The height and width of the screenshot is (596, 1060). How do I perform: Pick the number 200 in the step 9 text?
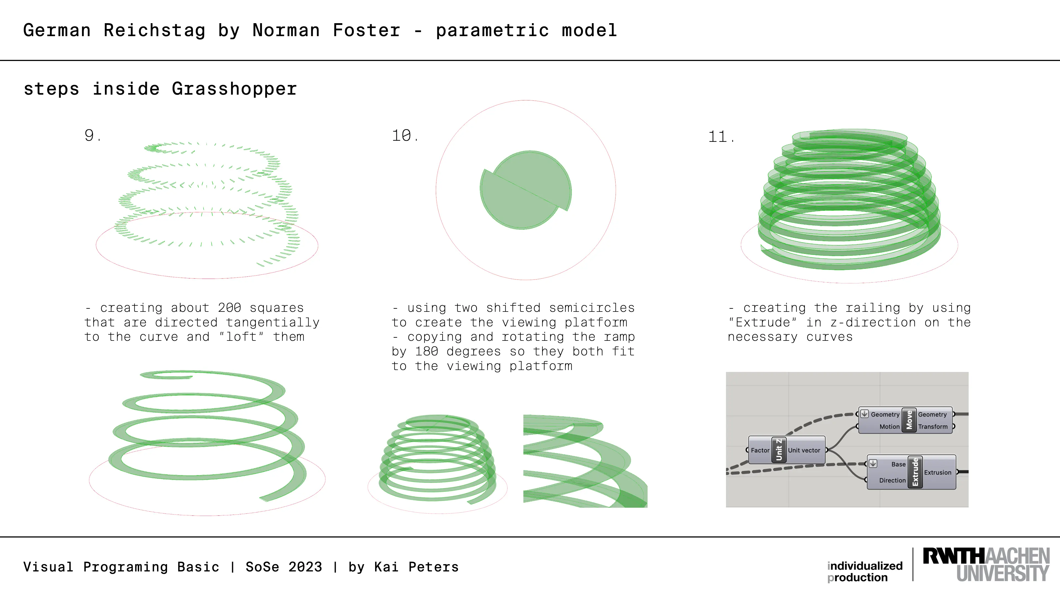[x=230, y=308]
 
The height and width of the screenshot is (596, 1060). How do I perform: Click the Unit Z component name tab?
[x=778, y=449]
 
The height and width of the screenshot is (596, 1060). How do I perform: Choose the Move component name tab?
[x=909, y=420]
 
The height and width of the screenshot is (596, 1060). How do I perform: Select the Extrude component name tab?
[x=915, y=472]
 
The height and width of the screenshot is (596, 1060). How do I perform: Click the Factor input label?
[x=760, y=450]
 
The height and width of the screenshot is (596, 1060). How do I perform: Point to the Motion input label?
[x=890, y=427]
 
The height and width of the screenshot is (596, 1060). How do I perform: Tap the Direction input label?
[x=892, y=480]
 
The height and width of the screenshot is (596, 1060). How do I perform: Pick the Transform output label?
[x=933, y=427]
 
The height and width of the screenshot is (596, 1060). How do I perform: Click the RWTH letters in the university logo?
[x=954, y=556]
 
